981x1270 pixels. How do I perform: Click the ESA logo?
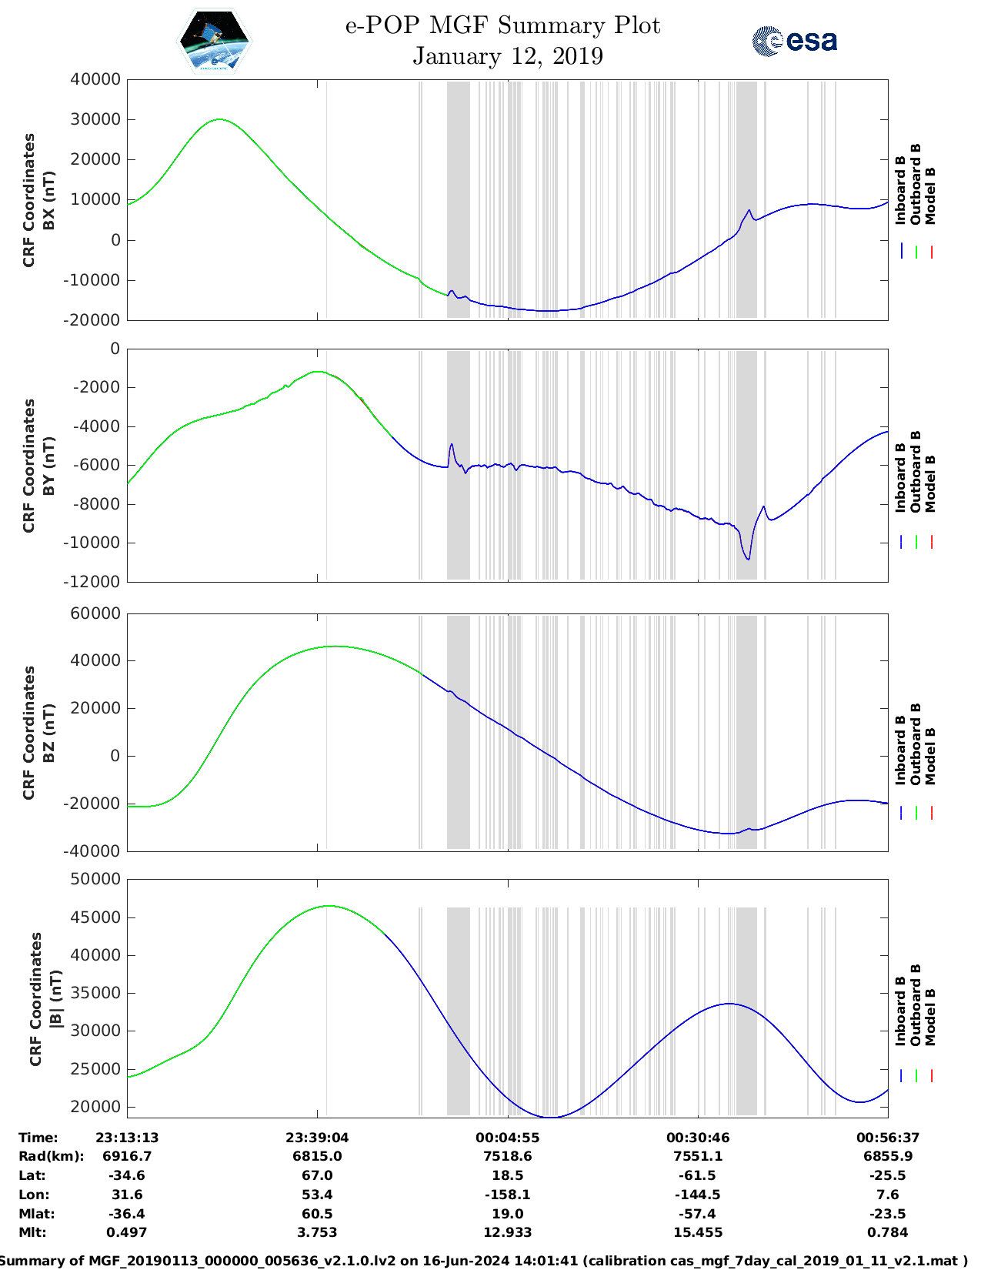click(794, 41)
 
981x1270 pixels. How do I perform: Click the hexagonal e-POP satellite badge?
click(214, 41)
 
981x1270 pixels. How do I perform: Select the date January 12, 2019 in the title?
click(508, 56)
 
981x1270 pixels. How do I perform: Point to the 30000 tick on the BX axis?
click(95, 119)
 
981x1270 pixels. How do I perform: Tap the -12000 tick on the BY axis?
click(95, 582)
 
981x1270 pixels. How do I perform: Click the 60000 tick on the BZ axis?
click(95, 613)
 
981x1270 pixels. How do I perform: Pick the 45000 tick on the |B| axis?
click(95, 917)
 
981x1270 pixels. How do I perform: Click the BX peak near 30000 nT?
click(220, 119)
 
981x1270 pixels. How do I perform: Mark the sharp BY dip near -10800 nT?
click(747, 559)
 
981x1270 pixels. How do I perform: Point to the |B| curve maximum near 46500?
click(329, 906)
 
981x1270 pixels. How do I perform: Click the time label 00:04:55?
click(508, 1138)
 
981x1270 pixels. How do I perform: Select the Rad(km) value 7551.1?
click(698, 1156)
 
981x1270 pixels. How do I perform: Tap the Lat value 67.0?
click(318, 1175)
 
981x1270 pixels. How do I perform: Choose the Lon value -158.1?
click(508, 1195)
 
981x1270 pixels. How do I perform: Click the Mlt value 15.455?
click(698, 1232)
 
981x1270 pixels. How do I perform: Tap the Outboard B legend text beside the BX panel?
click(915, 185)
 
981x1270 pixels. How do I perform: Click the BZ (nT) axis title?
click(48, 733)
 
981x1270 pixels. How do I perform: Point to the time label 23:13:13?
click(127, 1138)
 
